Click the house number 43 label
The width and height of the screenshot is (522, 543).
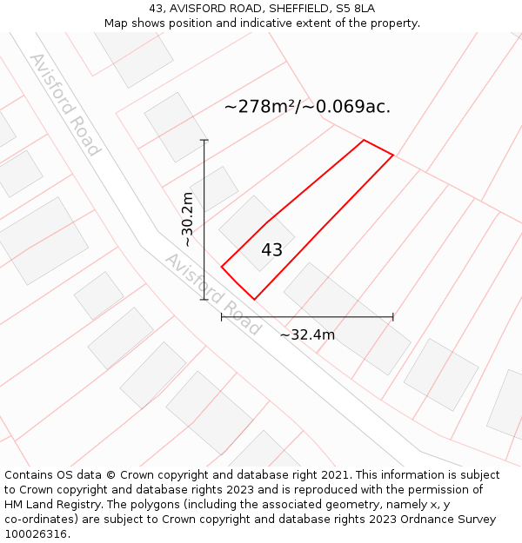[x=271, y=250]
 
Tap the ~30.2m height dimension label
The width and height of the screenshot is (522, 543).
[x=187, y=220]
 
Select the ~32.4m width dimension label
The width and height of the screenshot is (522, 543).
[x=307, y=334]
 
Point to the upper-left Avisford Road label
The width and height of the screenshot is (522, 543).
[x=65, y=104]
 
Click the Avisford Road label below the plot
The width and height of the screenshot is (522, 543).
[x=212, y=294]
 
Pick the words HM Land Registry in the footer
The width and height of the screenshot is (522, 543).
[x=49, y=505]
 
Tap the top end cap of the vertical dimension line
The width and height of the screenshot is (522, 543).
[x=204, y=140]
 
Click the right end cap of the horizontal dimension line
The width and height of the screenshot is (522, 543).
[x=393, y=317]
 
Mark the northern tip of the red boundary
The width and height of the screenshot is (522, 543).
[x=364, y=140]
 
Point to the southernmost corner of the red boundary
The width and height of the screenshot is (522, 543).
[x=254, y=300]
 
